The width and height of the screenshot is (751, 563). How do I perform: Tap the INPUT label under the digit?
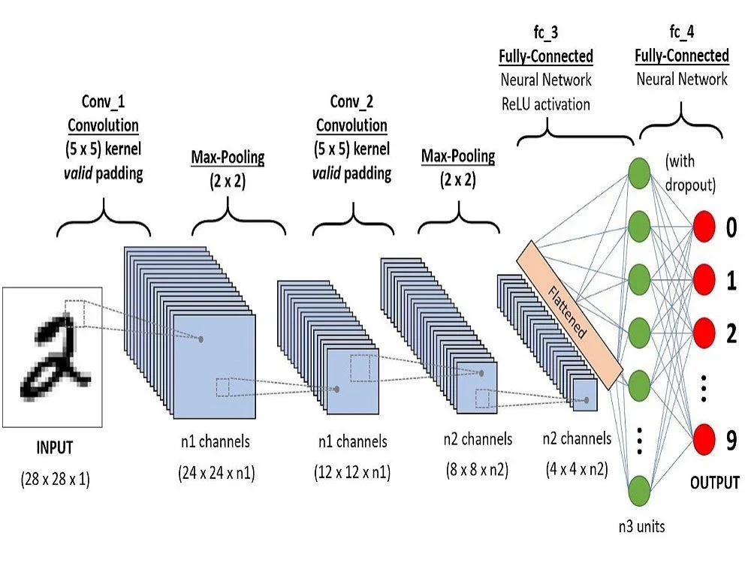[55, 448]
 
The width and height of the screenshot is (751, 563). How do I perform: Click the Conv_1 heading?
[104, 101]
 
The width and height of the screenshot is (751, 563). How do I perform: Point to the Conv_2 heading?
[351, 101]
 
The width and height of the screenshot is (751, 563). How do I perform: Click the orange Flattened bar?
[570, 309]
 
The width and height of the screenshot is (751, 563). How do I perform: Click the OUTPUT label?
[714, 483]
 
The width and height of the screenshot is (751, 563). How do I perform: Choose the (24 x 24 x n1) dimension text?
[216, 474]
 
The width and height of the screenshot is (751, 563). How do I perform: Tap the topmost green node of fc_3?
[638, 169]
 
